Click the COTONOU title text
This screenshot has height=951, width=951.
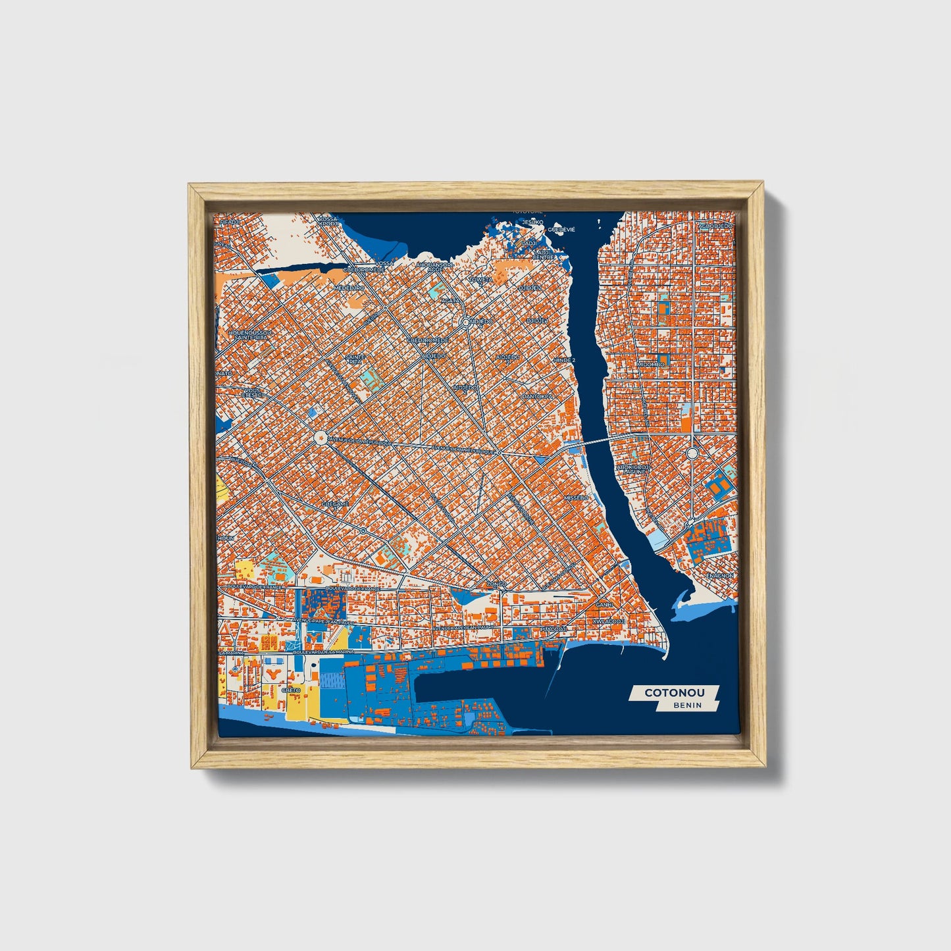click(x=675, y=692)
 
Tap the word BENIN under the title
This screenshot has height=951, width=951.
click(x=687, y=705)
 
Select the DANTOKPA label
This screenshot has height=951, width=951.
click(x=535, y=396)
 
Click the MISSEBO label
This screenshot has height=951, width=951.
click(x=576, y=498)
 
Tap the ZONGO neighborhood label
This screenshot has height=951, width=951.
click(x=496, y=584)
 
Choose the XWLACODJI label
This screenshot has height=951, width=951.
click(x=607, y=621)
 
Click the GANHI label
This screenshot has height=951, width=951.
click(x=604, y=604)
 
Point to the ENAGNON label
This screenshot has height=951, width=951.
click(x=720, y=575)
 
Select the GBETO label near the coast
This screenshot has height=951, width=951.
click(x=291, y=690)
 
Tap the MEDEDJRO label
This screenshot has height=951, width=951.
click(x=349, y=288)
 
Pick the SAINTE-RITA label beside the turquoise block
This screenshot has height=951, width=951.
click(x=355, y=359)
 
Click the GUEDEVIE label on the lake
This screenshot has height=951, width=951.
click(x=561, y=230)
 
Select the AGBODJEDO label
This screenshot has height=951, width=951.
click(x=715, y=226)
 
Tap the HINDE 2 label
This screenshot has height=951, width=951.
click(x=564, y=361)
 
